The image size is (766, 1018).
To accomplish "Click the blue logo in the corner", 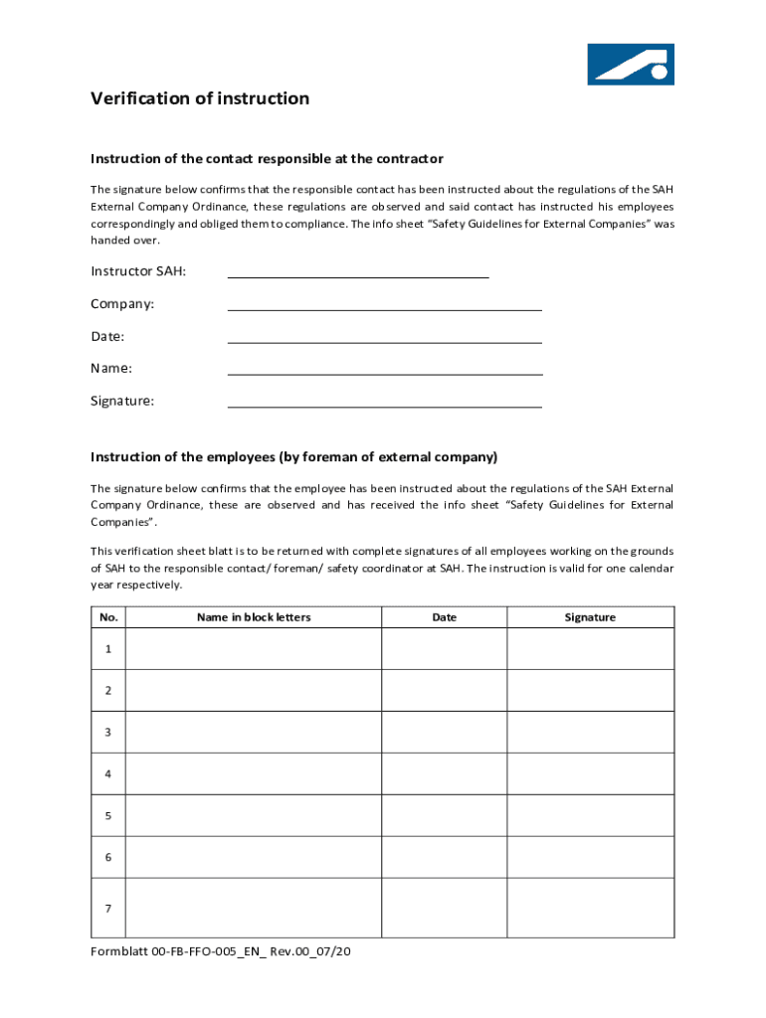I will pyautogui.click(x=631, y=64).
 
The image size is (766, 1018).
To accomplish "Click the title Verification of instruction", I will pyautogui.click(x=200, y=98).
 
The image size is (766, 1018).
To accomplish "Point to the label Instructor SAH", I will pyautogui.click(x=138, y=271).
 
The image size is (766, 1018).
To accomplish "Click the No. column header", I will pyautogui.click(x=109, y=617).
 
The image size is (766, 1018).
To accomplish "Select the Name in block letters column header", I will pyautogui.click(x=254, y=617).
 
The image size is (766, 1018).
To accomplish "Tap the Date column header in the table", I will pyautogui.click(x=445, y=617).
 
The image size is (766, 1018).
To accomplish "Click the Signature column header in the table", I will pyautogui.click(x=590, y=617).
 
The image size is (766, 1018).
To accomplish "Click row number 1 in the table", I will pyautogui.click(x=108, y=649).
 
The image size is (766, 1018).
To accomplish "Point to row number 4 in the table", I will pyautogui.click(x=108, y=773).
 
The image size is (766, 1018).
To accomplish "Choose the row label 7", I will pyautogui.click(x=108, y=909).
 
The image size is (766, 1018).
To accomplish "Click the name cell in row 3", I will pyautogui.click(x=254, y=732).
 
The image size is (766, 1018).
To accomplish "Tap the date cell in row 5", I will pyautogui.click(x=445, y=815).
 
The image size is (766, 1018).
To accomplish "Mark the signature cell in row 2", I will pyautogui.click(x=590, y=690).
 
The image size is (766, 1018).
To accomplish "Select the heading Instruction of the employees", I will pyautogui.click(x=293, y=457).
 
